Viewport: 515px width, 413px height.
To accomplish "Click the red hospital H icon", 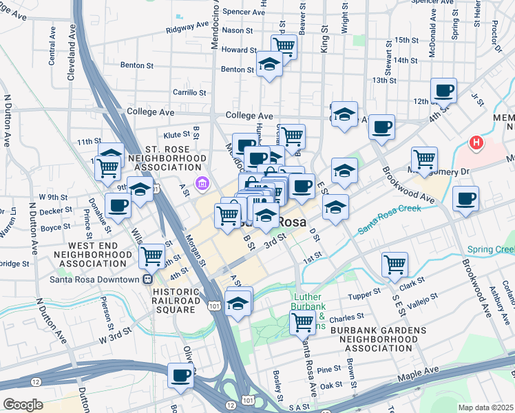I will pyautogui.click(x=476, y=143).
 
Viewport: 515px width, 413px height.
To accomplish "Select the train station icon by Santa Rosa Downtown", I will pyautogui.click(x=147, y=279).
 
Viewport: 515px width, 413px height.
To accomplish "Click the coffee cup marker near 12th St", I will pyautogui.click(x=443, y=90).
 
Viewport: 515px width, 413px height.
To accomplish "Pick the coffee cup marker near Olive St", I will pyautogui.click(x=180, y=375).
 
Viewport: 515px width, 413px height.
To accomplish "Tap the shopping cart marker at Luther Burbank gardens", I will pyautogui.click(x=302, y=321).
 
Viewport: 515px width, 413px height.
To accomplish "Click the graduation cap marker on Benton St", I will pyautogui.click(x=269, y=65).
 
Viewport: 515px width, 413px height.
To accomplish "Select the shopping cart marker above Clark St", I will pyautogui.click(x=395, y=264).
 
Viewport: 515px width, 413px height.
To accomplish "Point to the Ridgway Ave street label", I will pyautogui.click(x=187, y=31).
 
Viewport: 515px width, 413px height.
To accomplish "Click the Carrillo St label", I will pyautogui.click(x=189, y=92).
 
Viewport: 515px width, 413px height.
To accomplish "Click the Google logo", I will pyautogui.click(x=23, y=404).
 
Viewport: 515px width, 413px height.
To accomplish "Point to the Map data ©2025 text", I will pyautogui.click(x=485, y=407).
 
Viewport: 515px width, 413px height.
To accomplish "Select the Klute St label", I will pyautogui.click(x=177, y=135).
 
